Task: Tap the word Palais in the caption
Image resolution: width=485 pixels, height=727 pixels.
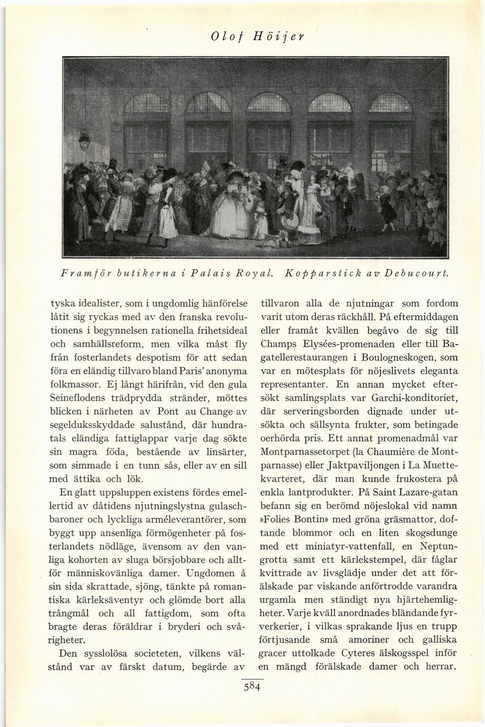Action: click(197, 273)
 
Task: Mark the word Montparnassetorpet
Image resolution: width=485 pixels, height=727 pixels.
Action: click(300, 452)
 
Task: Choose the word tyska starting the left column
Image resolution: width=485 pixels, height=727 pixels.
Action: click(63, 304)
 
